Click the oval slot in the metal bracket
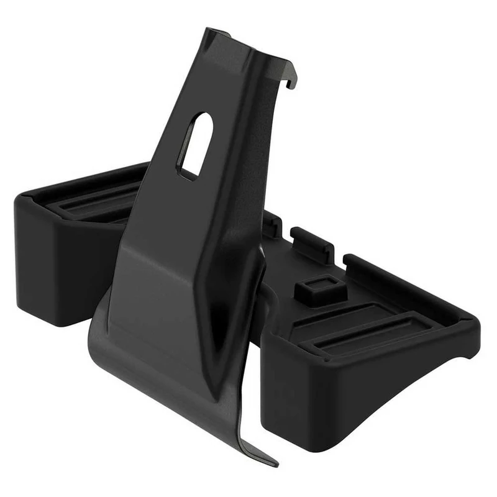(x=195, y=144)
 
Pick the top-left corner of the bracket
(x=209, y=31)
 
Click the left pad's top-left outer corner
(x=22, y=198)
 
